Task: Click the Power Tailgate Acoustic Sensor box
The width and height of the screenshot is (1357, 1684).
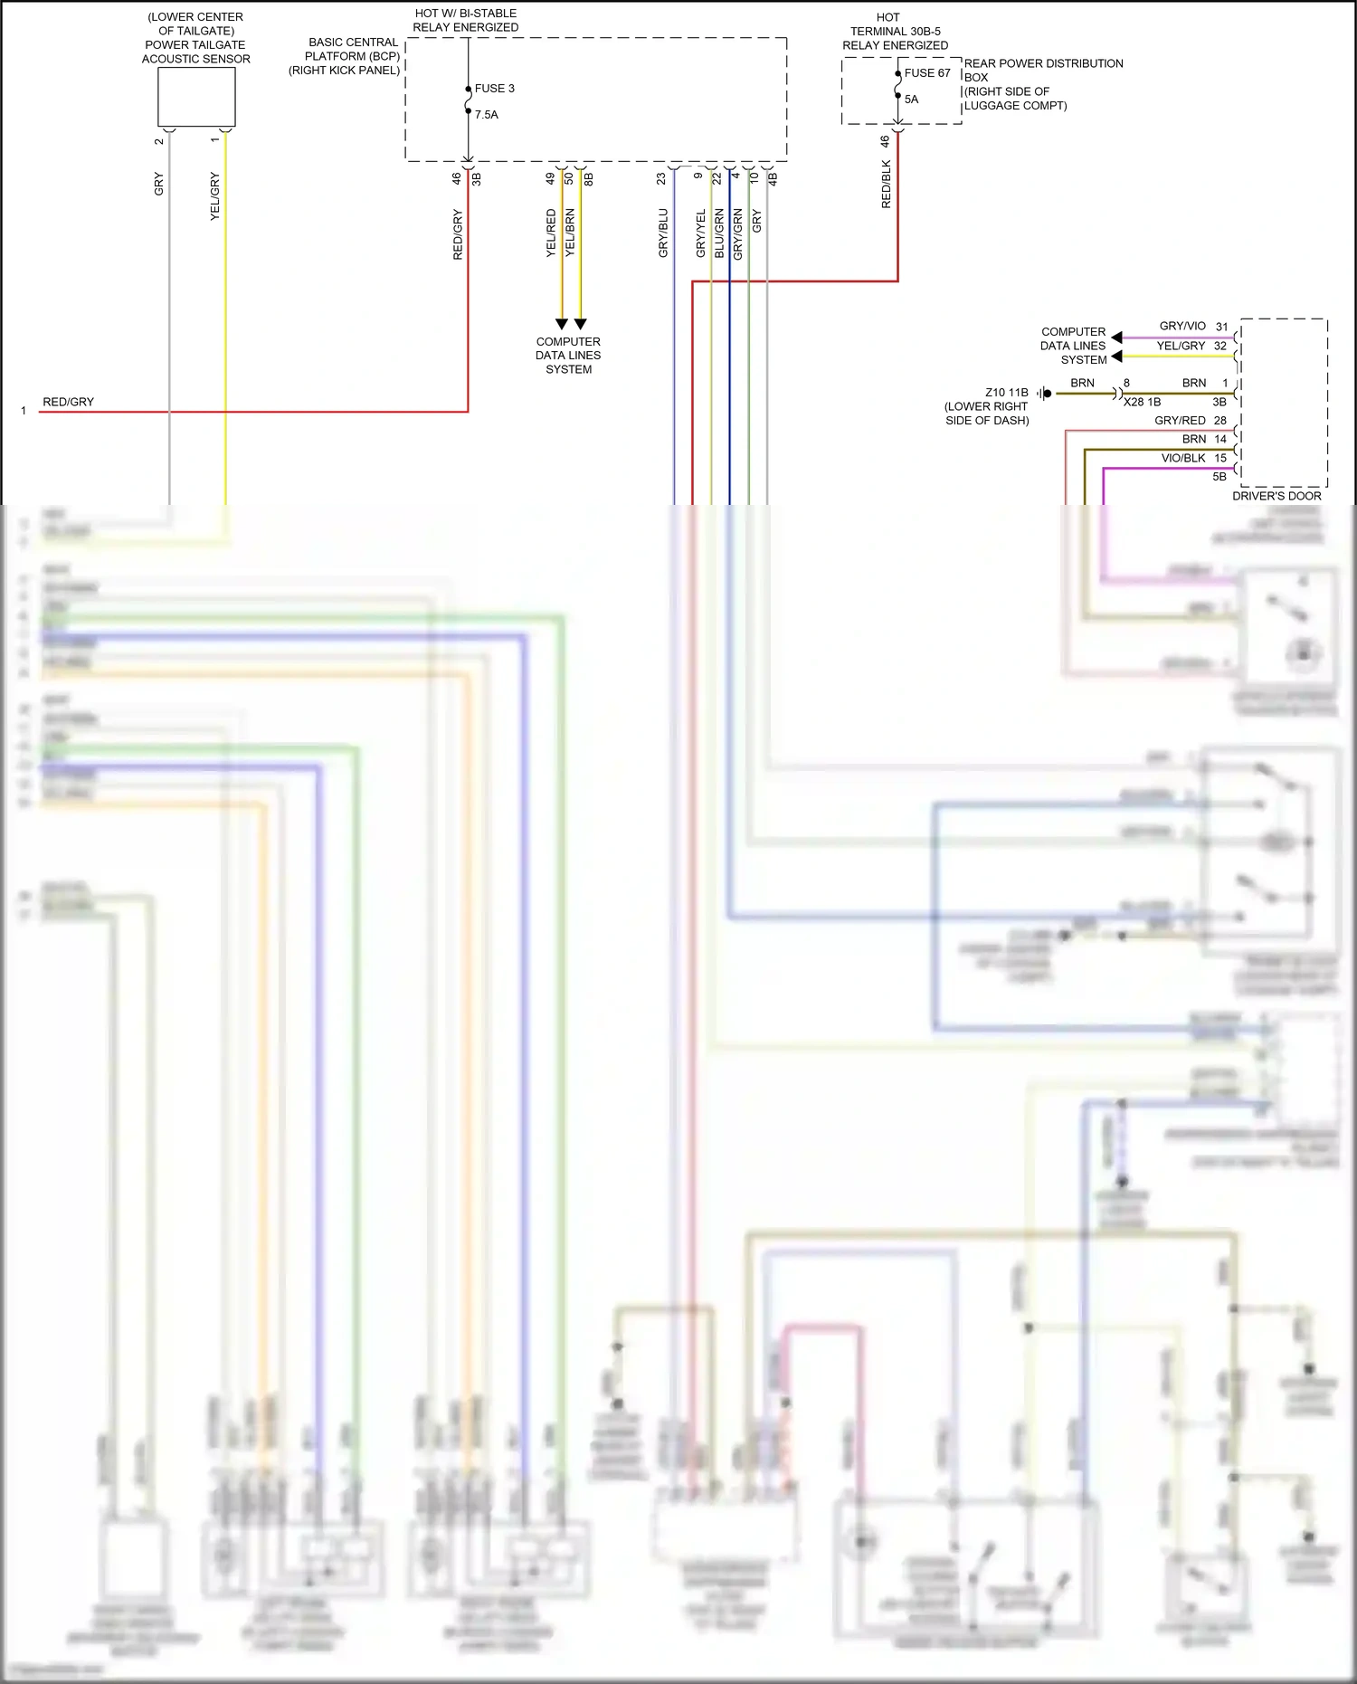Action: pos(196,97)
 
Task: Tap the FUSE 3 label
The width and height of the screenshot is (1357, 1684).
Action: pos(494,89)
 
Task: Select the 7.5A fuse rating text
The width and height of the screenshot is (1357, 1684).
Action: pos(487,115)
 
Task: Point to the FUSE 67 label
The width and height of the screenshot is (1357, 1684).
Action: pos(927,73)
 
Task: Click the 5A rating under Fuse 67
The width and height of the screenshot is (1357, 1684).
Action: pos(912,100)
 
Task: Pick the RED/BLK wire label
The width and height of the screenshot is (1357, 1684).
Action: pos(887,185)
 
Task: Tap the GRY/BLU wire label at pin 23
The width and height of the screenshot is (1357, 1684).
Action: pos(663,233)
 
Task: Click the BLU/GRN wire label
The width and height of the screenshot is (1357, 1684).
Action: pos(719,233)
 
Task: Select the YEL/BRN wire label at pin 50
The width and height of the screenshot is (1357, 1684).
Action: pos(570,233)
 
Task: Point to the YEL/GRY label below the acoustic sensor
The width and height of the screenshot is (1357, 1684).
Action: pos(215,196)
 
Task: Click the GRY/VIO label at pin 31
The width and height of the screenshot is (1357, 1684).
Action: pos(1182,326)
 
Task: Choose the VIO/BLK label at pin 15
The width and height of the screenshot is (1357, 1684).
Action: pos(1183,458)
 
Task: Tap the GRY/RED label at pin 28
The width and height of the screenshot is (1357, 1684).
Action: pos(1180,421)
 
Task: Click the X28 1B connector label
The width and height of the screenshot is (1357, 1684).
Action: pos(1142,402)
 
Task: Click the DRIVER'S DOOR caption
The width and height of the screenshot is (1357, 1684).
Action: pos(1276,496)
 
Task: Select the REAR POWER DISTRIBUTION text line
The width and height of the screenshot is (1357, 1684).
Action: pos(1043,63)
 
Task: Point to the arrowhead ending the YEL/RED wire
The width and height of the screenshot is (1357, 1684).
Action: pos(562,324)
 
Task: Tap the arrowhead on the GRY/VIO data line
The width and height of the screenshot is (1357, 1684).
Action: pos(1116,338)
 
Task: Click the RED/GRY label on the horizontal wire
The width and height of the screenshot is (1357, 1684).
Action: pos(69,402)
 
